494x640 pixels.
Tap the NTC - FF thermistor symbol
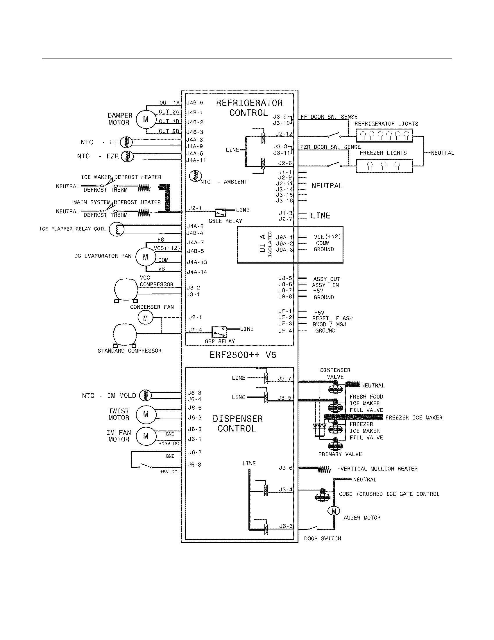click(126, 143)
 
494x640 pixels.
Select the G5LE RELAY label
click(225, 221)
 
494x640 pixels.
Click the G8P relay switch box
click(219, 332)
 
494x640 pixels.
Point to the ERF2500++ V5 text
click(243, 355)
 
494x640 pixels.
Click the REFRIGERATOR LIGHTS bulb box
click(384, 136)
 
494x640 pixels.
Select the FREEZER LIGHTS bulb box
click(384, 166)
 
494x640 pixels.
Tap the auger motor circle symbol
click(334, 511)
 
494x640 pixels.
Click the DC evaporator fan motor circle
click(146, 257)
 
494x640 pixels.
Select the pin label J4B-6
click(195, 103)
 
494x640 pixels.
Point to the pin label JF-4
click(285, 331)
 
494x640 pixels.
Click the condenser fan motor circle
click(146, 318)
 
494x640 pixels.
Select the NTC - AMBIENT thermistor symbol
click(195, 176)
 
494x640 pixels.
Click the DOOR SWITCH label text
click(323, 538)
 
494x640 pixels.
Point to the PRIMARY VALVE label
click(340, 454)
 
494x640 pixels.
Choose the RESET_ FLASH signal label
click(332, 318)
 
